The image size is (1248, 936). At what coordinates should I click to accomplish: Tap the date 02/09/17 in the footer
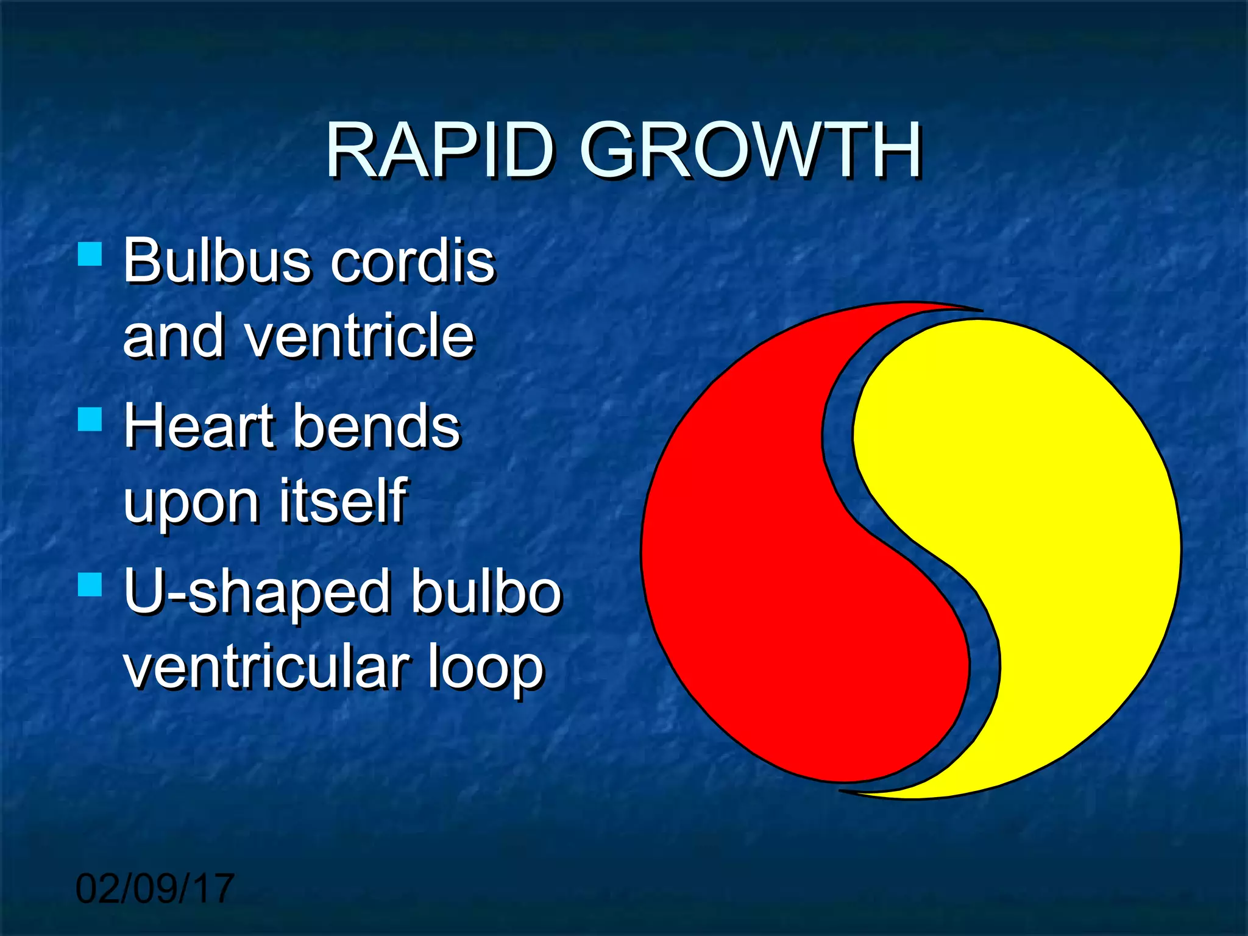click(x=155, y=888)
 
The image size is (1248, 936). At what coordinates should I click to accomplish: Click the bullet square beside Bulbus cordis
click(x=90, y=253)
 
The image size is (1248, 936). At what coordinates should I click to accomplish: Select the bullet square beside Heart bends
click(x=90, y=419)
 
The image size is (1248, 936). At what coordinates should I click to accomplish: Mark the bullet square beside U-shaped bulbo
click(x=90, y=584)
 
